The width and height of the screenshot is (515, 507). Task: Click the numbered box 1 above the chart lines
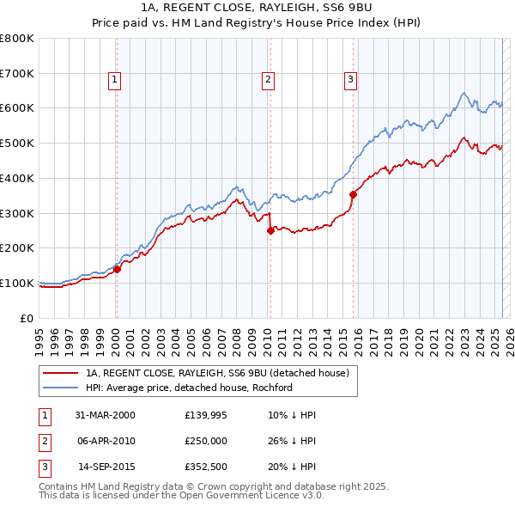coord(114,80)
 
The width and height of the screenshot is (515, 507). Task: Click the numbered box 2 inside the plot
coord(268,80)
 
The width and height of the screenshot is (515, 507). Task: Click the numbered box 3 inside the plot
coord(351,80)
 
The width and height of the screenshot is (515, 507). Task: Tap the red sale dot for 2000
coord(118,268)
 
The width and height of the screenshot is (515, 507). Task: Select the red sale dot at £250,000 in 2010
coord(270,230)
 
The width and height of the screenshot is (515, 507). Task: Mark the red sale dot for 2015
coord(353,194)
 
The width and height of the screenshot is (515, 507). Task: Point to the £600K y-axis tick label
coord(17,108)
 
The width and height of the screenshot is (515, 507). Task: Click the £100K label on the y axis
coord(17,283)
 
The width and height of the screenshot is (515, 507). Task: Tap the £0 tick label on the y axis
coord(26,318)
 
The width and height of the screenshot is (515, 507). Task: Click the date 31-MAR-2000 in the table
coord(106,414)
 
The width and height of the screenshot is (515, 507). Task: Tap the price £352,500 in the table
coord(207,468)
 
